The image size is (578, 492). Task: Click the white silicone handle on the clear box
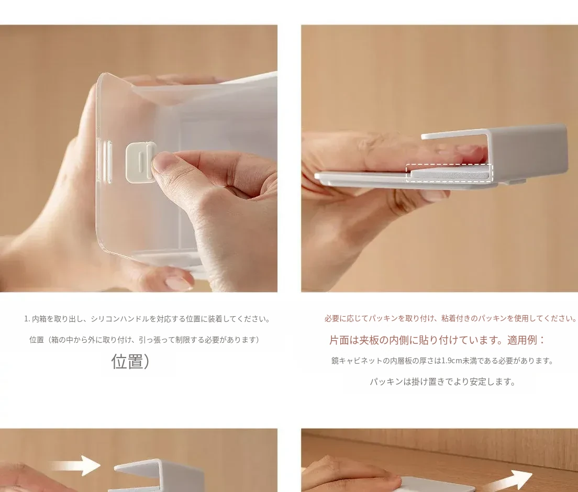tap(140, 162)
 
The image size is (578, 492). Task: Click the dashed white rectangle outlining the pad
tap(449, 173)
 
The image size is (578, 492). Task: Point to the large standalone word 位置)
tap(130, 362)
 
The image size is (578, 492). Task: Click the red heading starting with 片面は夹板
tap(437, 340)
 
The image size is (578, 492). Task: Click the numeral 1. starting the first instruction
tap(27, 319)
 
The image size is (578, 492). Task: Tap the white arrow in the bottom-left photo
tap(75, 465)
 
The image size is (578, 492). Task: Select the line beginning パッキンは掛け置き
tap(442, 382)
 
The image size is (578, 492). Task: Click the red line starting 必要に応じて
tap(451, 318)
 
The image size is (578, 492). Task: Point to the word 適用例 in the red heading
tap(521, 340)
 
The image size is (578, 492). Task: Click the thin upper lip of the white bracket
tap(456, 135)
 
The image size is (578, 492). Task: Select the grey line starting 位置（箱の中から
tap(144, 340)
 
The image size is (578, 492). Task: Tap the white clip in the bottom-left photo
tap(159, 475)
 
